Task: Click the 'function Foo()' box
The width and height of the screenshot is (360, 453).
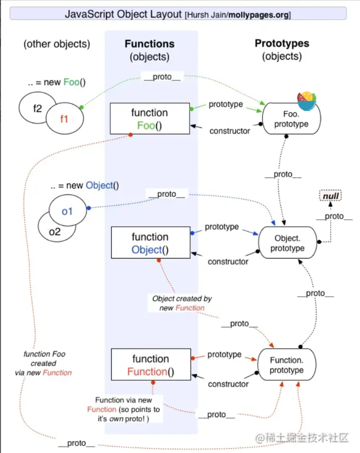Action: [150, 119]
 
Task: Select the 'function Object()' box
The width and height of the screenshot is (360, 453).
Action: [150, 243]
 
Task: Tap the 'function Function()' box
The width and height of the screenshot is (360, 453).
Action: [150, 366]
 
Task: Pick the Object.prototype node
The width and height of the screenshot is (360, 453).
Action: [287, 243]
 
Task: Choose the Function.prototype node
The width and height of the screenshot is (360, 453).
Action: [287, 365]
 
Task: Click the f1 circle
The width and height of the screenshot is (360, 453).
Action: [64, 119]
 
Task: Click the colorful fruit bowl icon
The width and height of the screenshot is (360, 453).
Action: [307, 101]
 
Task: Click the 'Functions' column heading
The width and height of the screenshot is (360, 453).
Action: [149, 44]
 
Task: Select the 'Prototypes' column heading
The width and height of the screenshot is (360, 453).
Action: [282, 43]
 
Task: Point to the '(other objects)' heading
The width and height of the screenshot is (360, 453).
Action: [57, 44]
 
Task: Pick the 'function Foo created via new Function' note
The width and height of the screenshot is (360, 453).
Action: [44, 363]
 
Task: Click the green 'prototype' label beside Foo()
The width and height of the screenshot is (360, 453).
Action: [226, 105]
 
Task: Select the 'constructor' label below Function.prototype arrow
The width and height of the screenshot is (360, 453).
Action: [228, 384]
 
